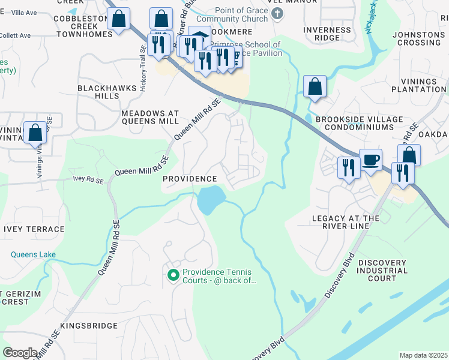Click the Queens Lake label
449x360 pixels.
point(33,254)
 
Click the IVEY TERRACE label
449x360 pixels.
point(34,229)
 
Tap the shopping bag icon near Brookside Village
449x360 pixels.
point(315,88)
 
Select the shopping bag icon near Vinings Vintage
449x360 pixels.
point(35,133)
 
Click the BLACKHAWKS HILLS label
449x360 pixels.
point(98,92)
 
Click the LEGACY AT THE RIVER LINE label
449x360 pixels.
point(346,222)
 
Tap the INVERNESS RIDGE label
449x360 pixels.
point(327,34)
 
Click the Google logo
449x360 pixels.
point(20,353)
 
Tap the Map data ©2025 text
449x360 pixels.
point(423,355)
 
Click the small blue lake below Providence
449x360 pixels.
point(209,199)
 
